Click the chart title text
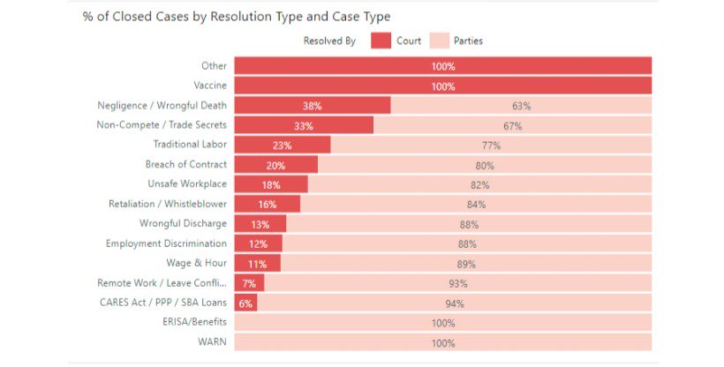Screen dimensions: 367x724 click(x=236, y=17)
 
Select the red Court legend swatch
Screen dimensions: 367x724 click(x=381, y=41)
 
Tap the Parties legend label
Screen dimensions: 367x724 click(x=468, y=41)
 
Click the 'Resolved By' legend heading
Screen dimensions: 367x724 click(x=329, y=41)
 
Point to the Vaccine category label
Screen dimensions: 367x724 click(x=210, y=86)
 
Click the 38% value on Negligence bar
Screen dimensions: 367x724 click(x=312, y=106)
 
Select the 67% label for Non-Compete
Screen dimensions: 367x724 click(x=513, y=126)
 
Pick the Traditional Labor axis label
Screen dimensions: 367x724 click(x=190, y=145)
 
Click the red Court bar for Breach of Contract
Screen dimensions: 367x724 click(x=275, y=165)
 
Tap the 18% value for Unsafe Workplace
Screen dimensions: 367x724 click(x=270, y=185)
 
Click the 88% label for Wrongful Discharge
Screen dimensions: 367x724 click(x=468, y=224)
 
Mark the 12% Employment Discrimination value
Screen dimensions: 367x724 click(x=258, y=244)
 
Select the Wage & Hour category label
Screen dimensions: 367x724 click(x=197, y=263)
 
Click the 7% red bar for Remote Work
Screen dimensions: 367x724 click(x=249, y=283)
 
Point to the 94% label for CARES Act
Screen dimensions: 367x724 click(x=455, y=303)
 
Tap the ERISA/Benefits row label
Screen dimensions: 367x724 click(x=196, y=322)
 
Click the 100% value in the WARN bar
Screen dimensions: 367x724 click(x=443, y=343)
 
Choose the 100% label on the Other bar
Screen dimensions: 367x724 click(x=443, y=66)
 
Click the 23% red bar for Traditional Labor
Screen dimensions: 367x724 click(x=283, y=146)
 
